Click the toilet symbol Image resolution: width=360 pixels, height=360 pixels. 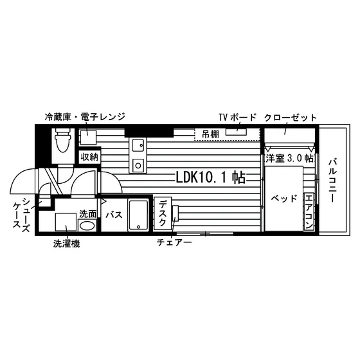tap(62, 140)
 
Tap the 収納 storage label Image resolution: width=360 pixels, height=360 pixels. tap(89, 157)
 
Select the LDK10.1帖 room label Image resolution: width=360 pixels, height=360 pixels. tap(211, 177)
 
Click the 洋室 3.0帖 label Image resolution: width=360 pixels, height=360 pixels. tap(289, 158)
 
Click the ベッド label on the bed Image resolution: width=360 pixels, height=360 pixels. tap(284, 199)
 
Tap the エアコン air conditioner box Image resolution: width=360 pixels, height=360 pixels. tap(309, 212)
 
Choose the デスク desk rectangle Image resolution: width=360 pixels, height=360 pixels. tap(163, 213)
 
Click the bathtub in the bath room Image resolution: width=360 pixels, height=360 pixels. tap(138, 215)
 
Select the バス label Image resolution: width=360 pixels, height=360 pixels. tap(114, 215)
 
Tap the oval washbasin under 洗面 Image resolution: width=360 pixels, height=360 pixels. tap(87, 225)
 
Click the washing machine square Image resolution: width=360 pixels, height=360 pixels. tap(66, 222)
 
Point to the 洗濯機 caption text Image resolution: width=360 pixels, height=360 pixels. tap(67, 244)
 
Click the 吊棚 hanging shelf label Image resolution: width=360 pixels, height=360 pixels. tap(211, 134)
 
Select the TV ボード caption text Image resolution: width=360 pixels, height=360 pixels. tap(237, 117)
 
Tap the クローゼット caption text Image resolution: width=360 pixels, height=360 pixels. tap(291, 118)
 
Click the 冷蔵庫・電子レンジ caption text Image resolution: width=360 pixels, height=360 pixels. tap(85, 116)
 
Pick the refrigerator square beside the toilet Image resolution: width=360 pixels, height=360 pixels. tap(88, 138)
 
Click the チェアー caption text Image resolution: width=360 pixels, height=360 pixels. tap(174, 242)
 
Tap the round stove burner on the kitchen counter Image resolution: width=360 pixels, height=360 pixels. tap(138, 165)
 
